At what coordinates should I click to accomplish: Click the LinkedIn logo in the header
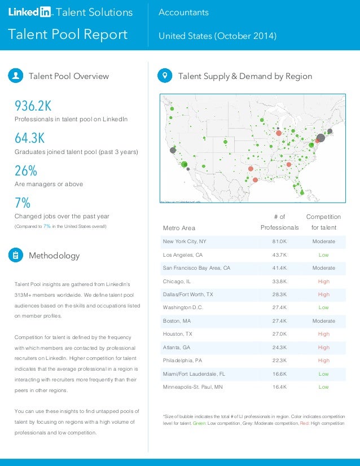pyautogui.click(x=30, y=12)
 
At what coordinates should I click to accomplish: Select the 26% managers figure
pyautogui.click(x=26, y=170)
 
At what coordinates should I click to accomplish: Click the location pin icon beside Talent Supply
pyautogui.click(x=165, y=76)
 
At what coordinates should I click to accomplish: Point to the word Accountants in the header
pyautogui.click(x=183, y=12)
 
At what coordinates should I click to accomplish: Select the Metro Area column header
pyautogui.click(x=179, y=228)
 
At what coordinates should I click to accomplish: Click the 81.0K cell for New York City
pyautogui.click(x=279, y=241)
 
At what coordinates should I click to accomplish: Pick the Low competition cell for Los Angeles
pyautogui.click(x=323, y=255)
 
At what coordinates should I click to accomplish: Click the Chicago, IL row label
pyautogui.click(x=178, y=281)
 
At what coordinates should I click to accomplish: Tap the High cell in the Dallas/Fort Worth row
pyautogui.click(x=323, y=294)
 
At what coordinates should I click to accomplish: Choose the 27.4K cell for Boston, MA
pyautogui.click(x=279, y=321)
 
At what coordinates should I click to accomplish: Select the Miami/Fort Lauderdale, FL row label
pyautogui.click(x=194, y=373)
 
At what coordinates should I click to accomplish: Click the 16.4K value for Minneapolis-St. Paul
pyautogui.click(x=279, y=387)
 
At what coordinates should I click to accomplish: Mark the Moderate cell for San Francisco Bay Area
pyautogui.click(x=323, y=268)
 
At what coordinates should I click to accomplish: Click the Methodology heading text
pyautogui.click(x=54, y=256)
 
